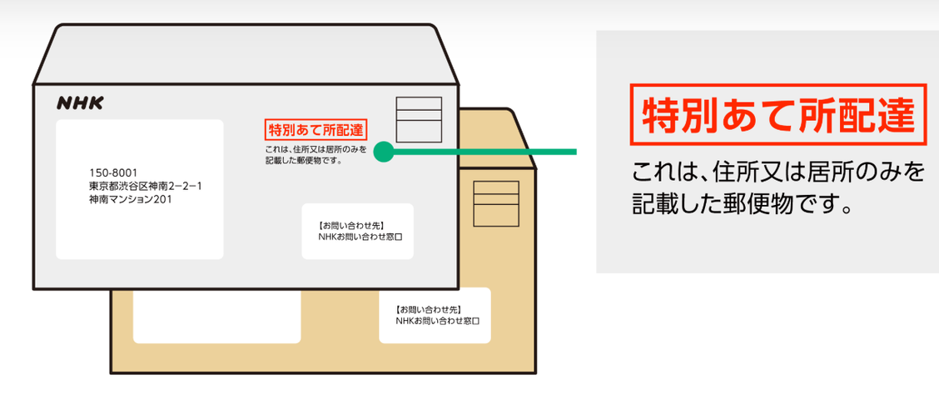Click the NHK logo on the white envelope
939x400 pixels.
point(80,102)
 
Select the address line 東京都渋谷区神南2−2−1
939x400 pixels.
point(146,186)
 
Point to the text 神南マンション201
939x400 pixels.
point(132,199)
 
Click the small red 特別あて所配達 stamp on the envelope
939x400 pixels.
point(315,130)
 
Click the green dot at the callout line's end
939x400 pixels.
point(383,152)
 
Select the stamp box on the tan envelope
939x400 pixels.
point(495,203)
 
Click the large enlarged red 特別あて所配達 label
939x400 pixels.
point(778,115)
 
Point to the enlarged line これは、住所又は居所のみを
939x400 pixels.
point(778,172)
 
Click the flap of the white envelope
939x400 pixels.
point(246,54)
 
